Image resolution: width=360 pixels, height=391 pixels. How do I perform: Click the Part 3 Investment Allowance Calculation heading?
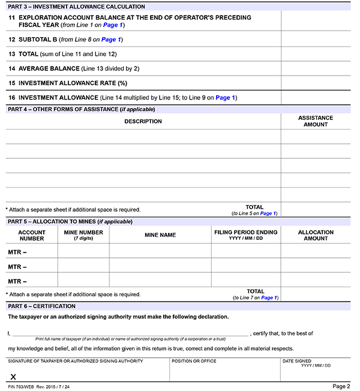click(x=76, y=6)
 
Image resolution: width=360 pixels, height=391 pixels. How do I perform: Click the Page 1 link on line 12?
click(x=111, y=40)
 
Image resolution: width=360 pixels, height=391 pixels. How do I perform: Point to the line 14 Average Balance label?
click(x=49, y=68)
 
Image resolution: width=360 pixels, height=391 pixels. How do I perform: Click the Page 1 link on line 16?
click(x=225, y=97)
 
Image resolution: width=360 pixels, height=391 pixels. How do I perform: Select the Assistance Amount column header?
click(x=316, y=121)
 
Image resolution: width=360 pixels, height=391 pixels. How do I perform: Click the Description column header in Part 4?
click(x=143, y=121)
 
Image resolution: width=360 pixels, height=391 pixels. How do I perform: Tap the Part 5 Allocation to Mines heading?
click(x=69, y=221)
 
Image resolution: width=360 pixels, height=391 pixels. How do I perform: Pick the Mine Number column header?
click(x=83, y=235)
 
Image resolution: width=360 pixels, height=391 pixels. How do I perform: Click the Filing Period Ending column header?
click(x=245, y=235)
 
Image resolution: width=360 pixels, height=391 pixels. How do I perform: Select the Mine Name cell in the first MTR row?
click(x=160, y=251)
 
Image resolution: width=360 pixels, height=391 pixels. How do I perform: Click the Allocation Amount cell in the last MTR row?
click(x=316, y=281)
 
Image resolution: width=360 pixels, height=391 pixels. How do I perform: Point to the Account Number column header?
click(x=32, y=235)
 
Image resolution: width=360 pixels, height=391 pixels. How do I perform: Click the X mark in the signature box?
click(x=13, y=377)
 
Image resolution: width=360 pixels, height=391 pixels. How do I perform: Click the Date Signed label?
click(x=297, y=361)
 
